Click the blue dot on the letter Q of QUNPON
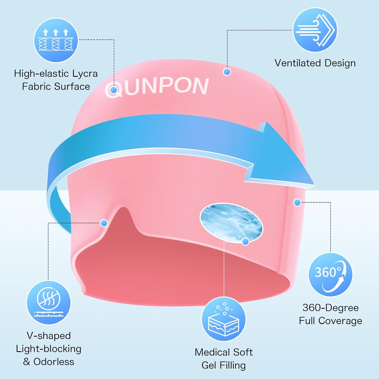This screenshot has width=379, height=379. click(114, 90)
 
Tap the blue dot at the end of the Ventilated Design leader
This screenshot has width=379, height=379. click(227, 72)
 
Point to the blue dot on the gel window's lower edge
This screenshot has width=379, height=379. click(245, 242)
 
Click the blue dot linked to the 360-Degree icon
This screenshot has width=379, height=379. click(297, 202)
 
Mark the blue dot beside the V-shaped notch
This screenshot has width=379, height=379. click(104, 223)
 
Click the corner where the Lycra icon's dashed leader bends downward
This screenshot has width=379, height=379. click(114, 40)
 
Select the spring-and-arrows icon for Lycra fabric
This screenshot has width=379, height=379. click(56, 40)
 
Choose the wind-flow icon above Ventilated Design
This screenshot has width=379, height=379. click(315, 30)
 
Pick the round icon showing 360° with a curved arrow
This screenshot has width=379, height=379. click(330, 275)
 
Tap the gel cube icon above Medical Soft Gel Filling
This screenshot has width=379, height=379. click(224, 319)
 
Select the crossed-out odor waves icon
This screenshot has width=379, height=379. click(49, 302)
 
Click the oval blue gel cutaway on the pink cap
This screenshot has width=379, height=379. click(231, 223)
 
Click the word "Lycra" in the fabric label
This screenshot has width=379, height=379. click(85, 74)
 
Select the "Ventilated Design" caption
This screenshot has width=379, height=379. click(315, 63)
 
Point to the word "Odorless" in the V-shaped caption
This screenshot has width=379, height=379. click(54, 362)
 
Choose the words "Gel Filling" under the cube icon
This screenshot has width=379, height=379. click(224, 365)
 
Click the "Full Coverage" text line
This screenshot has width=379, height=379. click(330, 321)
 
